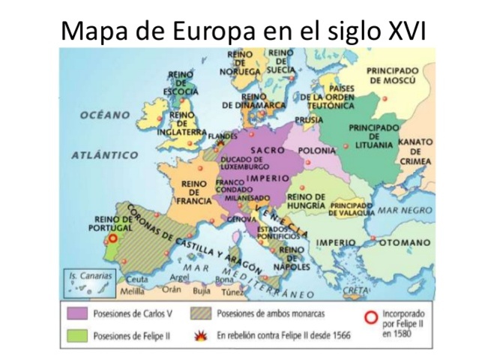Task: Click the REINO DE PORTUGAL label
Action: pos(109,223)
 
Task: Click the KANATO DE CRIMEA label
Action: pos(415,151)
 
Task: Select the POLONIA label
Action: pos(316,151)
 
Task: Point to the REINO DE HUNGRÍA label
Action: pos(305,200)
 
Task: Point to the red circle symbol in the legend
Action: pos(368,318)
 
